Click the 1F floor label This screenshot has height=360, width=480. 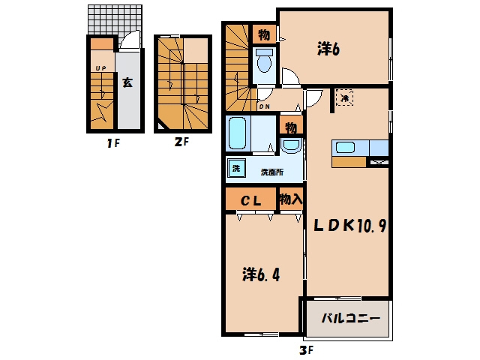[113, 143]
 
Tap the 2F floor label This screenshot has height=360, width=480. [181, 142]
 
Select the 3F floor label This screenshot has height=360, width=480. [307, 350]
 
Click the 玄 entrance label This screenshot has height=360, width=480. [127, 82]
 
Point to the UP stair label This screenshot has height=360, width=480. [100, 68]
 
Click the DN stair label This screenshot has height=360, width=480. [265, 106]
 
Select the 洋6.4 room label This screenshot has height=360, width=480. [261, 274]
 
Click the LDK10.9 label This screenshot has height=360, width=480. [349, 226]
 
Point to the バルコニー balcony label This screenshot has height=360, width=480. [350, 318]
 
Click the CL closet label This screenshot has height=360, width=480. [250, 201]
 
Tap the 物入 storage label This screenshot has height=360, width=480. [291, 199]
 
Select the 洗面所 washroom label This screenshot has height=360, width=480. [272, 172]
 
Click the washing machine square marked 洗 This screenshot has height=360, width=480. [236, 168]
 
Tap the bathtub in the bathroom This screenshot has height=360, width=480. [238, 133]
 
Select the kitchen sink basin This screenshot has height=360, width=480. [345, 148]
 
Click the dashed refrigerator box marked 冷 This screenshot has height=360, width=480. [345, 97]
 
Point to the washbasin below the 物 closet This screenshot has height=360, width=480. [291, 145]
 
